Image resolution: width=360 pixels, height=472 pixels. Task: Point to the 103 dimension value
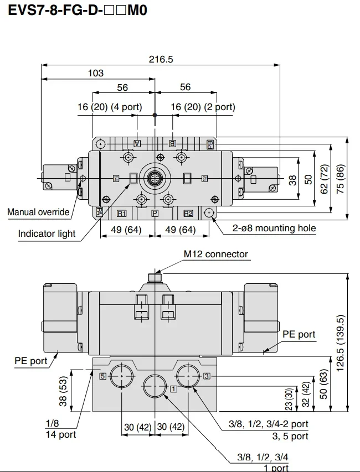coord(96,72)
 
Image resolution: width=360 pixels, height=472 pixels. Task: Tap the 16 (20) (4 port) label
coord(109,107)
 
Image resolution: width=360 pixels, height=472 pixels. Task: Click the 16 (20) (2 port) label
coord(202,107)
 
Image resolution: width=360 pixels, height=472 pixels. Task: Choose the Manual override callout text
coord(38,212)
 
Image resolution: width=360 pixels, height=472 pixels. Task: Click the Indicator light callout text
coord(47,234)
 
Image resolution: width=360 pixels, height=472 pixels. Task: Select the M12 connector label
coord(216,254)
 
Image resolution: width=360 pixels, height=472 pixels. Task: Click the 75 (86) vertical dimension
coord(341,178)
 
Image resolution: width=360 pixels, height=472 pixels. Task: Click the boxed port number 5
coord(102,376)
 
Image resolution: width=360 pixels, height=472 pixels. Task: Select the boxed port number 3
coord(206,376)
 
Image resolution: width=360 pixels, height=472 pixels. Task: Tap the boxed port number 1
coord(173,388)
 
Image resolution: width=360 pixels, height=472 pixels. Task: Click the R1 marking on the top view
coord(122,213)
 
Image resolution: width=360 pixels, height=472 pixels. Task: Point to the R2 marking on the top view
coord(188,213)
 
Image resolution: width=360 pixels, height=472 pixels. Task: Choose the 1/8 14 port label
coord(60,429)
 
